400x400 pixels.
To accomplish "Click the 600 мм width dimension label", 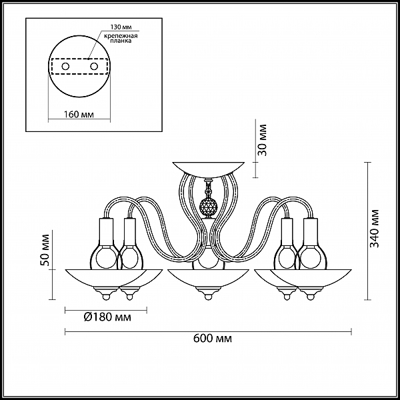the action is [x=213, y=339].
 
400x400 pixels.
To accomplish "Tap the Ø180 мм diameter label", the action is [x=107, y=317].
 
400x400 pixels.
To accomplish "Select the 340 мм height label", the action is [x=375, y=228].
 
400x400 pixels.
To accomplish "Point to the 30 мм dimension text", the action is [x=262, y=140].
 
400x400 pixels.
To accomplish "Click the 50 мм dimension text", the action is [x=45, y=250].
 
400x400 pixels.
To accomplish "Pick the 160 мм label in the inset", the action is [x=79, y=114].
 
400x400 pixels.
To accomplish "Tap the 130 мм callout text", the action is [x=121, y=27].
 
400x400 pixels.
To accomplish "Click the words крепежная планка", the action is [x=121, y=38].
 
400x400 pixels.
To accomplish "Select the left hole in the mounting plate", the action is [x=65, y=67].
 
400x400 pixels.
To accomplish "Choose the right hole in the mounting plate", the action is [x=94, y=67].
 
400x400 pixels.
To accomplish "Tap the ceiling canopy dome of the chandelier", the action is [x=209, y=169].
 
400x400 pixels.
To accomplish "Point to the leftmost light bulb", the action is [x=105, y=257].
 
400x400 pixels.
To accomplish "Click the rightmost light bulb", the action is [x=311, y=257].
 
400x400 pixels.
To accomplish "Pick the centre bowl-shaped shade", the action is [x=208, y=278].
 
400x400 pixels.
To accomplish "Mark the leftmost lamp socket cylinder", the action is [x=106, y=231].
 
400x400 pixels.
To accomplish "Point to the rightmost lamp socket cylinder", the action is [x=311, y=231].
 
